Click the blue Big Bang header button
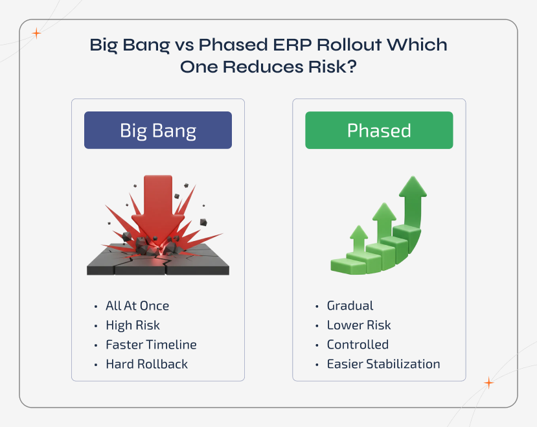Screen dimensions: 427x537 click(158, 130)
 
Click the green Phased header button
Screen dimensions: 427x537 click(379, 130)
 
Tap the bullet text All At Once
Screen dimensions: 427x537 click(137, 306)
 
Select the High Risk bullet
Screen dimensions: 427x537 click(133, 325)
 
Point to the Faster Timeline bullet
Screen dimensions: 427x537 click(151, 345)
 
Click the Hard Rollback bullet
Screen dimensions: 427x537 click(146, 364)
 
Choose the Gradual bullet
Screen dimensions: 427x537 click(350, 306)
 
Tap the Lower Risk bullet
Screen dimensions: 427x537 click(359, 325)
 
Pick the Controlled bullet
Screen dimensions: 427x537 click(358, 345)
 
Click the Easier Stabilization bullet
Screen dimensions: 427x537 click(383, 364)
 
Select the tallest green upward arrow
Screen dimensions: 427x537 click(413, 194)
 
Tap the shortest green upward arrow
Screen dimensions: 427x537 click(358, 240)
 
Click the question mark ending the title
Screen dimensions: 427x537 click(352, 68)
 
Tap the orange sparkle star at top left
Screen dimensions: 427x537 click(37, 34)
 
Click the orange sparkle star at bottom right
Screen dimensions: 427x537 click(489, 383)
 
